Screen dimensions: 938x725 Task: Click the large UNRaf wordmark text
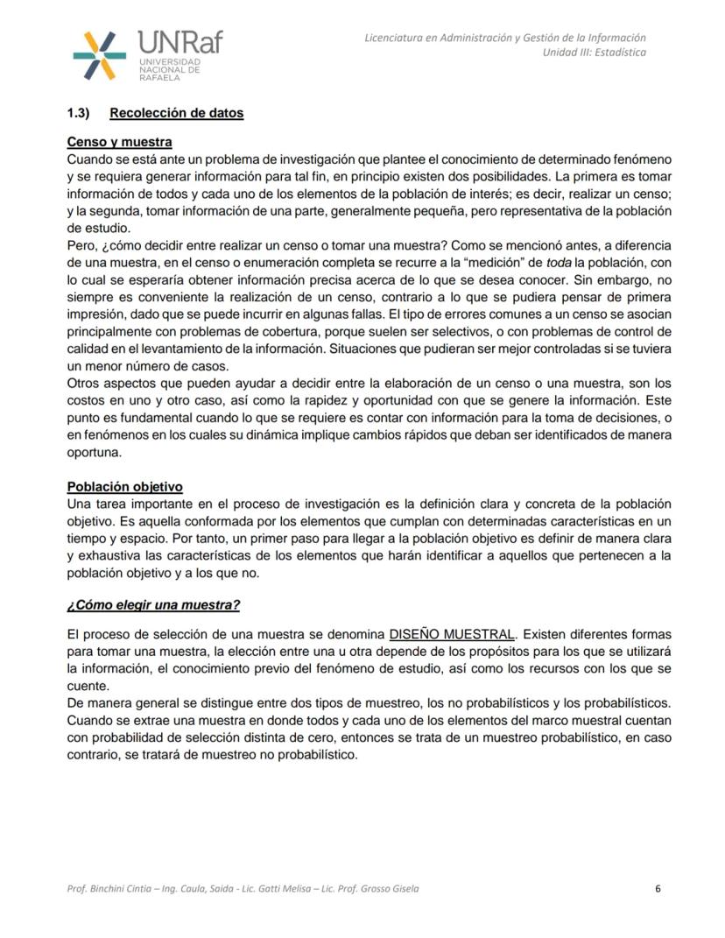(179, 41)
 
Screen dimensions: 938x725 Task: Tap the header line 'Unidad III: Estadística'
(595, 52)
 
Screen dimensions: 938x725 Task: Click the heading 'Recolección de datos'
(176, 113)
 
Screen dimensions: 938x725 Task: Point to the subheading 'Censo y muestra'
(119, 142)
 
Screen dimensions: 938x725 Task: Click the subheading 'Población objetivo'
(124, 487)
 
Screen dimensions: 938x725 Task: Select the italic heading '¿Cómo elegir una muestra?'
(153, 605)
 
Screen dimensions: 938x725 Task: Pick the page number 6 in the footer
(658, 888)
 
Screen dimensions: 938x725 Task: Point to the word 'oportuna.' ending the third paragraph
(92, 453)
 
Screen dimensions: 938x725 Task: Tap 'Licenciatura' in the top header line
(394, 38)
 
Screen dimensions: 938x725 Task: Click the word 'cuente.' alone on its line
(88, 687)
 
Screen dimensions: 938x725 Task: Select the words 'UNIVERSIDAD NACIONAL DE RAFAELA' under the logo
(170, 70)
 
